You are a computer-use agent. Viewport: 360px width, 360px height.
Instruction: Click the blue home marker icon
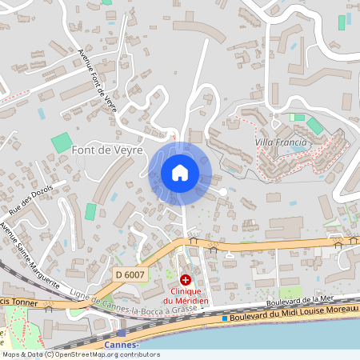[x=179, y=173]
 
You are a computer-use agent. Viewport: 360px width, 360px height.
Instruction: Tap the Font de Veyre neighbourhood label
[x=107, y=150]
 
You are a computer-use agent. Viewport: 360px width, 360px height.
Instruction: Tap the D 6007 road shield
[x=129, y=274]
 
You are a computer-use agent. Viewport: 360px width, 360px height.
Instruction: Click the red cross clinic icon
[x=186, y=279]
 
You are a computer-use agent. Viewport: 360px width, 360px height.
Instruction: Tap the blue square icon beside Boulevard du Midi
[x=225, y=318]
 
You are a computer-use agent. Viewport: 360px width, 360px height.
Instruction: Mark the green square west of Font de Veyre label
[x=61, y=144]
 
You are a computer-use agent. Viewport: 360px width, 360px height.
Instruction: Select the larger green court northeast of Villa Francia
[x=315, y=126]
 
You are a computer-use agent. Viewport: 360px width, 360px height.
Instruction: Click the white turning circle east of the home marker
[x=223, y=191]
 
